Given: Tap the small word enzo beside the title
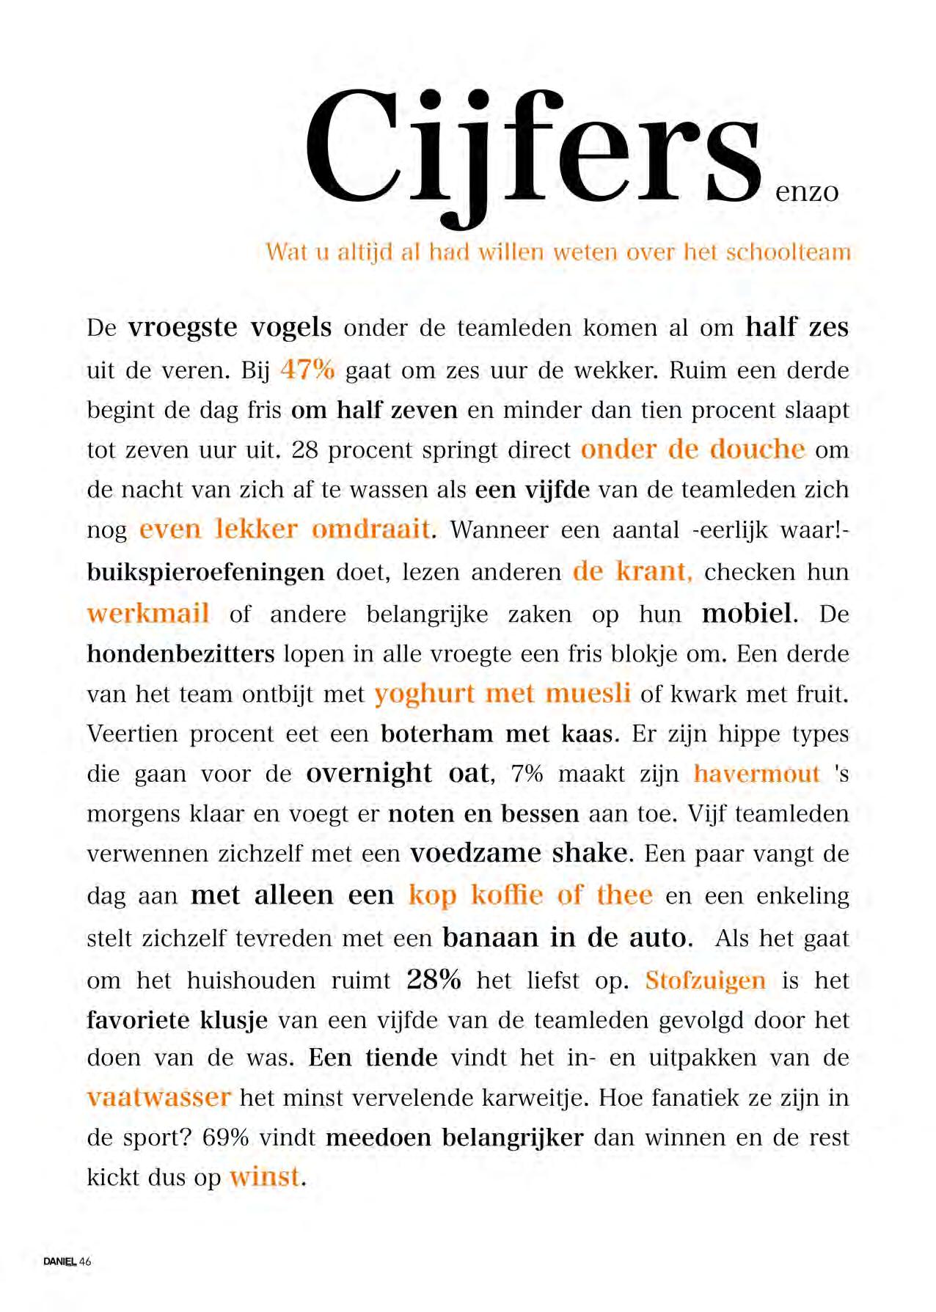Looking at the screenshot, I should pos(806,192).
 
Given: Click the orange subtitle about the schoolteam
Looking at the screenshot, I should pos(558,252).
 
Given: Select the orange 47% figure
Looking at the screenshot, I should pos(307,369).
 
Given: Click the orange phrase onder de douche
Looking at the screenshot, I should pos(692,449).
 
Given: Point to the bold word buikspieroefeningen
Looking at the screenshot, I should pos(205,571).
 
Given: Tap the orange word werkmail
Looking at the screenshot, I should pos(148,613).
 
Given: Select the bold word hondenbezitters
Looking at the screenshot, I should pos(180,653).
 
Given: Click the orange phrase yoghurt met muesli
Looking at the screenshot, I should pos(502,693).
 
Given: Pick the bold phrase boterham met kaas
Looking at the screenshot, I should pos(497,733).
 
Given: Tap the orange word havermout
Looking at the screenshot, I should pos(756,774).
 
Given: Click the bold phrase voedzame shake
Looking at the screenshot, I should pos(519,853).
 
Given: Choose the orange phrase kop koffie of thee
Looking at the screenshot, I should pos(530,895).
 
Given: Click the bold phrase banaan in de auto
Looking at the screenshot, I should pos(566,937).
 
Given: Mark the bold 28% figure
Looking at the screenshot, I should pos(434,979).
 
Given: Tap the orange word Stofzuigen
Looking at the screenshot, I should pos(705,980).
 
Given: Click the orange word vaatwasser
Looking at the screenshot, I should pos(158,1097).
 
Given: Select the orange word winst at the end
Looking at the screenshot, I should pos(265,1176).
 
